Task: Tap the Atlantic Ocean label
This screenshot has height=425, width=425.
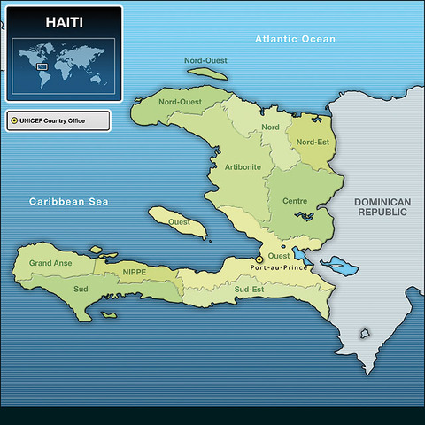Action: coord(295,39)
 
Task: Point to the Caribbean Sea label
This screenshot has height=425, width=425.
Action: coord(68,202)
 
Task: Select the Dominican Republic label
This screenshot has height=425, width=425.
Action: coord(382,207)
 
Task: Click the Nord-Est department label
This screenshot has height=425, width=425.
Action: coord(313,142)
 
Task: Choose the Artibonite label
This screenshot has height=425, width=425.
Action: coord(243,166)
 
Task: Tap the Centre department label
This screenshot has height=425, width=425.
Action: coord(295,201)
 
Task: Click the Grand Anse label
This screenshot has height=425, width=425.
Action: coord(50,264)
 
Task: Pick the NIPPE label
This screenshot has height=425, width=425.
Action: coord(135,272)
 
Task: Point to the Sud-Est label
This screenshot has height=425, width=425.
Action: coord(249,290)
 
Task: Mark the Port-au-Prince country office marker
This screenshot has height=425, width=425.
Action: coord(259,260)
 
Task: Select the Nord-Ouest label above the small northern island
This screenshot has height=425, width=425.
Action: coord(205,60)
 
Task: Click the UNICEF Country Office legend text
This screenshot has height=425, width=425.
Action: coord(63,120)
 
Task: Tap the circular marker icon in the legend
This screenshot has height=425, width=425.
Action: coord(14,120)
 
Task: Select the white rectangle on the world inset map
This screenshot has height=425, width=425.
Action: coord(41,66)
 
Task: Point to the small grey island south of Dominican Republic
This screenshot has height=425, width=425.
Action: coord(364,334)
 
